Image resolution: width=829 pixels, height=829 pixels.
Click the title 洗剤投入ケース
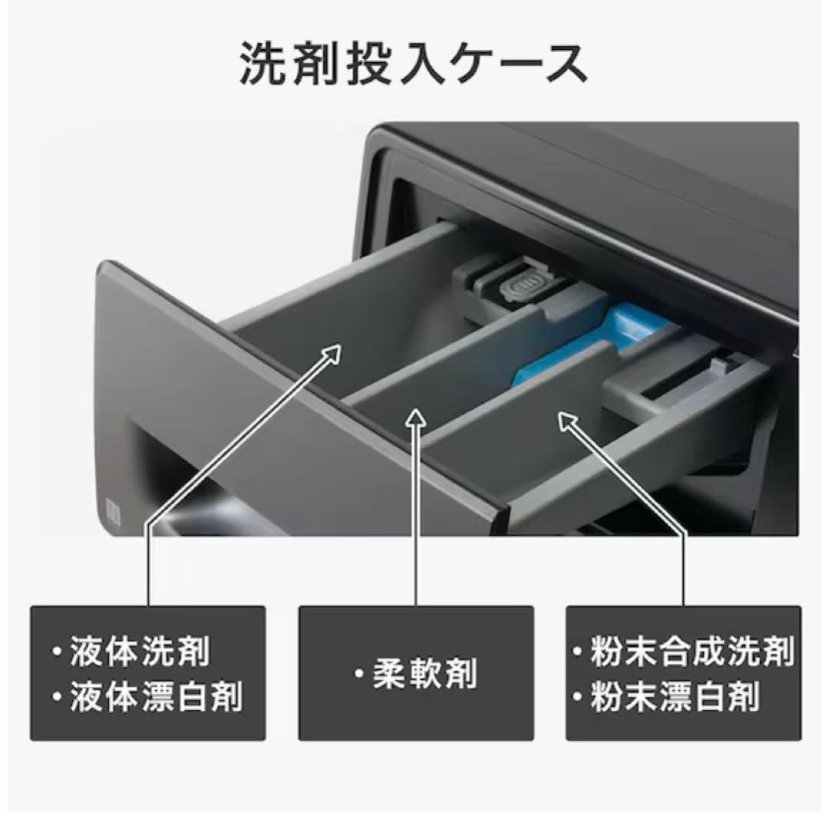click(x=414, y=64)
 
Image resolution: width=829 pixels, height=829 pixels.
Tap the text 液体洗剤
click(x=140, y=652)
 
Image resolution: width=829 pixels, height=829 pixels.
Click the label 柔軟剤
click(x=424, y=674)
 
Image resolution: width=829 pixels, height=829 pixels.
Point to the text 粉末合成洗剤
click(x=692, y=652)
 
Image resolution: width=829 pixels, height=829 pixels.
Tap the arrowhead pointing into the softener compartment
click(x=416, y=418)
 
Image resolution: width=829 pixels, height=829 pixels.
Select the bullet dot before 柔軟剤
click(x=359, y=674)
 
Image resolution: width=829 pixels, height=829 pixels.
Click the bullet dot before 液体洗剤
click(x=57, y=652)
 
